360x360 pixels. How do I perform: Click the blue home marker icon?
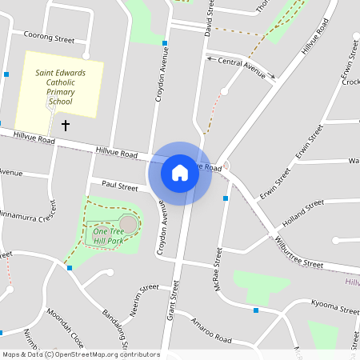180,173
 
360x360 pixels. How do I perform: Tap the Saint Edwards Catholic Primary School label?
60,86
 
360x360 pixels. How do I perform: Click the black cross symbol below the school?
66,126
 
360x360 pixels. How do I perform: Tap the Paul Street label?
120,186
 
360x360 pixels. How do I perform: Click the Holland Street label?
302,213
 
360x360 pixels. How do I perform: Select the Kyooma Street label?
335,306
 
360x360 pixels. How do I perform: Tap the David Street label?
209,18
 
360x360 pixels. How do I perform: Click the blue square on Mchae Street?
226,198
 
